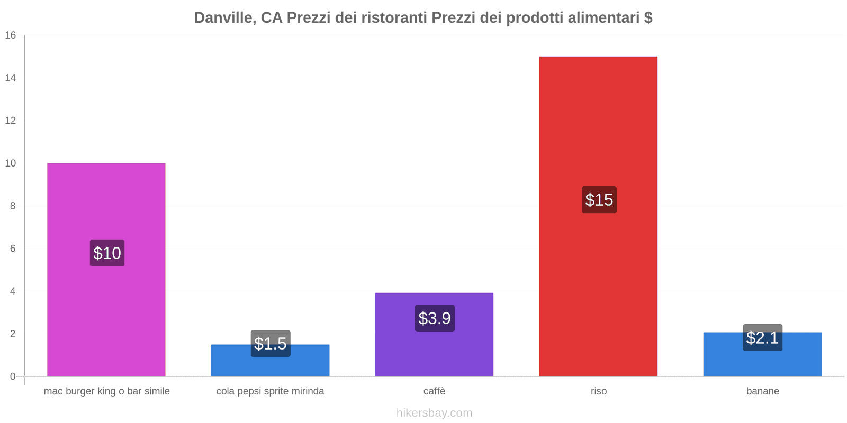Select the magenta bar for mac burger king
click(106, 201)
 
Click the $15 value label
click(599, 200)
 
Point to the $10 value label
click(107, 253)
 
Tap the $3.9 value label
click(435, 318)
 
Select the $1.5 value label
click(271, 344)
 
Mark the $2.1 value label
click(762, 338)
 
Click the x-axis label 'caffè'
click(434, 391)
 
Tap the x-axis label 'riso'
click(599, 391)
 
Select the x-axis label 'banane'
click(762, 391)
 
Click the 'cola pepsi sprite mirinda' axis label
click(270, 391)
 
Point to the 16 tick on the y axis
click(11, 35)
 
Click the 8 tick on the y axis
click(13, 206)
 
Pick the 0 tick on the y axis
click(13, 376)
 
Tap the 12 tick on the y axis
click(11, 121)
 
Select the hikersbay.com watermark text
click(434, 413)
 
